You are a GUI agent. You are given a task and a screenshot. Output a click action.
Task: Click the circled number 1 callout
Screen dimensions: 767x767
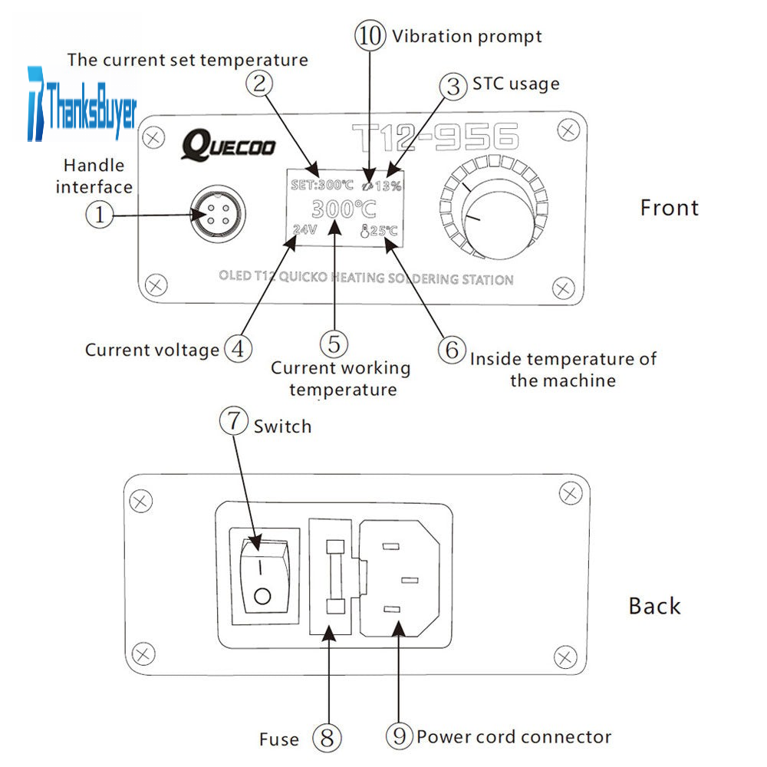tap(98, 216)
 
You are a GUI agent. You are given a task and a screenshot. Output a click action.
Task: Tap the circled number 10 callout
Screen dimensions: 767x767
tap(370, 36)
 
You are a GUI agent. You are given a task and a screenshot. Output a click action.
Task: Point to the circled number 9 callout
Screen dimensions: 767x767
tap(399, 737)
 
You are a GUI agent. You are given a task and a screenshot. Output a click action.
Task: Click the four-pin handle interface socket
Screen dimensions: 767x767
tap(210, 216)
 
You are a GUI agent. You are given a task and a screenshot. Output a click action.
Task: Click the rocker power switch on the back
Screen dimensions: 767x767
tap(262, 576)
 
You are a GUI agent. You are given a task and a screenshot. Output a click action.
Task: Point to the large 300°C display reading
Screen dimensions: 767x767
tap(343, 209)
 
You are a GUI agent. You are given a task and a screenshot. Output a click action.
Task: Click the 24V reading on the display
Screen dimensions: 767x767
tap(304, 229)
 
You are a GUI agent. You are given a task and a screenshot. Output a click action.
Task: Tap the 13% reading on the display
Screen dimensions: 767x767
tap(387, 186)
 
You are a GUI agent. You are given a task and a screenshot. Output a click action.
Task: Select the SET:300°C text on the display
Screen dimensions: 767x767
tap(321, 186)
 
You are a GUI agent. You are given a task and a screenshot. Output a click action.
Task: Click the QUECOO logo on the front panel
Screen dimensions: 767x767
tap(228, 143)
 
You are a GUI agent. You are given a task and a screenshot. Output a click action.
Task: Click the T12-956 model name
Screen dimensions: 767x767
tap(435, 138)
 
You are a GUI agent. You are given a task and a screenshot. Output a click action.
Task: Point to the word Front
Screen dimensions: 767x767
tap(669, 208)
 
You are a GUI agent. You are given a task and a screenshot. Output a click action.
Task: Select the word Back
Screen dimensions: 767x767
tap(654, 606)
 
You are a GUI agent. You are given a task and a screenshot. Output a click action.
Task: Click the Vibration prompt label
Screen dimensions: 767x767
tap(466, 36)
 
